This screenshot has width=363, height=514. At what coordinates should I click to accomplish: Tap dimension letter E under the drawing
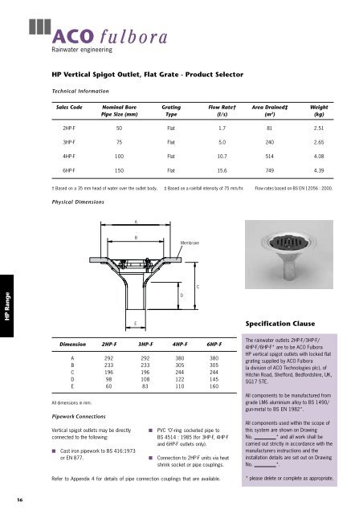(x=135, y=323)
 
